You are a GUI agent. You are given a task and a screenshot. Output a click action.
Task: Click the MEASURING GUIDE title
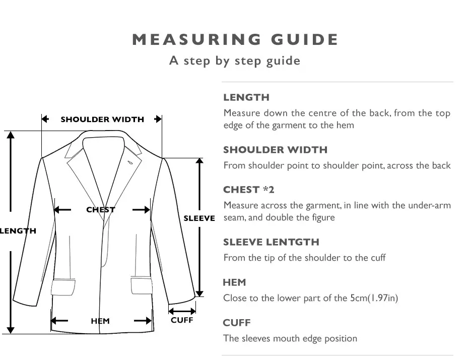[235, 39]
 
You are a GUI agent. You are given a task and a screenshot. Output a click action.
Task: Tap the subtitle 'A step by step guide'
[235, 61]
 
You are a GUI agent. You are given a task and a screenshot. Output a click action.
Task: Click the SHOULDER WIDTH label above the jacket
[102, 119]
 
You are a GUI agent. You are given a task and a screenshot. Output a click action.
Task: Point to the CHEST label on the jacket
[101, 210]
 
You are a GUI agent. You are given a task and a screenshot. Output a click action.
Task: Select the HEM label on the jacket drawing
[100, 321]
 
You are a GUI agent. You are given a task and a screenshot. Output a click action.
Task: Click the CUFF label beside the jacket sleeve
[182, 320]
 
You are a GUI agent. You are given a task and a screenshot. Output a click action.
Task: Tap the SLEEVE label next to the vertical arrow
[199, 218]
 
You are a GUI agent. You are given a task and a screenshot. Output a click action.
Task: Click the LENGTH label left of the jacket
[18, 231]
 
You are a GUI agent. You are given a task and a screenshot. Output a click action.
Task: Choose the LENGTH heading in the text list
[246, 97]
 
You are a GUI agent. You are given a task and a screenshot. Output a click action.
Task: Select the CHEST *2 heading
[248, 190]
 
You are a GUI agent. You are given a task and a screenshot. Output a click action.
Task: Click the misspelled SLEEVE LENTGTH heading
[272, 242]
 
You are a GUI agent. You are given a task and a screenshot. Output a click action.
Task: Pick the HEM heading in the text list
[235, 282]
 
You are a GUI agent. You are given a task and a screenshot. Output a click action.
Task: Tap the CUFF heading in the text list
[237, 323]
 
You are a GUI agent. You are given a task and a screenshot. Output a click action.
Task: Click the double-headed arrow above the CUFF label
[182, 311]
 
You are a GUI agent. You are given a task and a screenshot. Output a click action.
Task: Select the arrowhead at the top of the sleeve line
[199, 161]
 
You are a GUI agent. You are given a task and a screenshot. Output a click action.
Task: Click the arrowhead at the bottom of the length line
[11, 330]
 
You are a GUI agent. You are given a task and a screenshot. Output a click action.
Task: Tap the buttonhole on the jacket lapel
[129, 162]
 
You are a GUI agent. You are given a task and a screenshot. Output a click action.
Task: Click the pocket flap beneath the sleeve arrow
[142, 286]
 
